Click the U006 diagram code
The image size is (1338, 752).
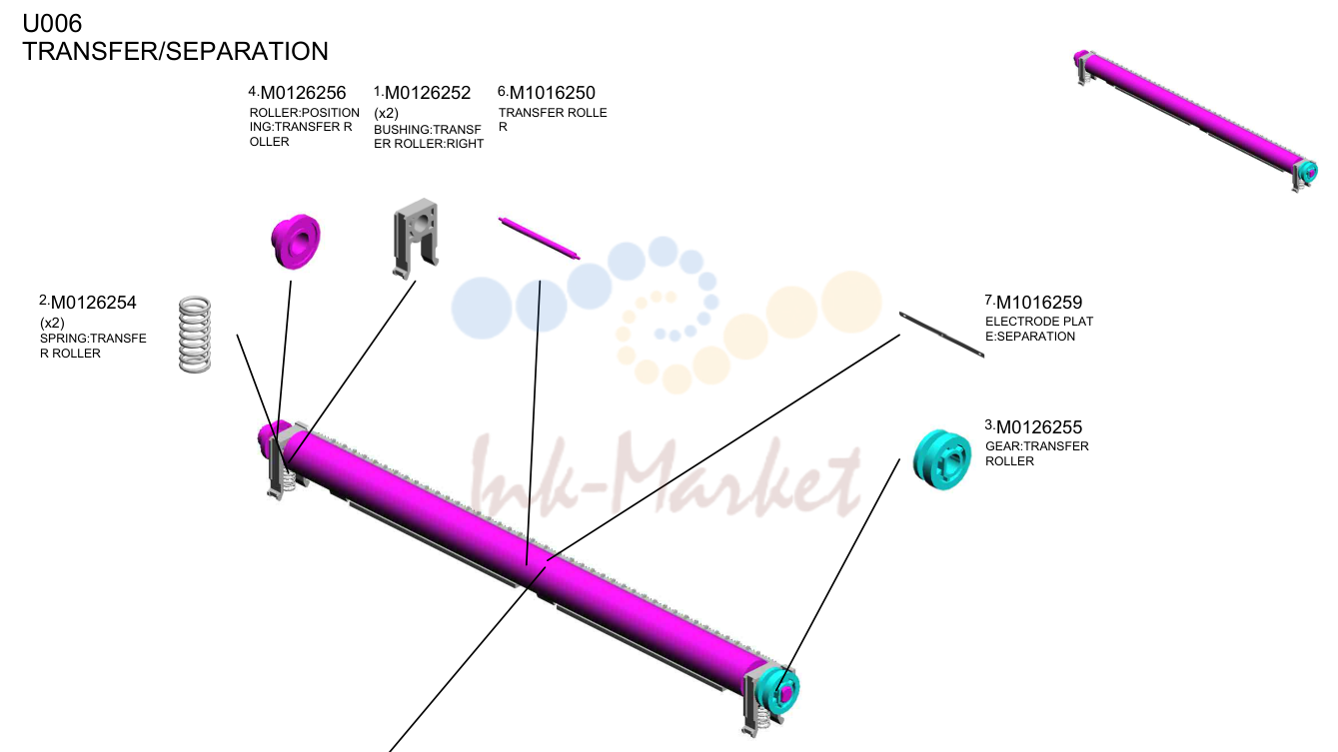pyautogui.click(x=52, y=24)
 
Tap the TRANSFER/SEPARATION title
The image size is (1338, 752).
pyautogui.click(x=175, y=51)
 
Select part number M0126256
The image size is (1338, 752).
pyautogui.click(x=304, y=93)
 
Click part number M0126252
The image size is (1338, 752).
pyautogui.click(x=428, y=93)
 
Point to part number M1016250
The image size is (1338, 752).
pyautogui.click(x=553, y=93)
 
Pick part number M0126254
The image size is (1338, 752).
pyautogui.click(x=94, y=303)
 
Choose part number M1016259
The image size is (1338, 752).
pyautogui.click(x=1039, y=303)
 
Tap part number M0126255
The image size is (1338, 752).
pyautogui.click(x=1039, y=427)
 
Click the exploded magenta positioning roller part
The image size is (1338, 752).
pyautogui.click(x=296, y=241)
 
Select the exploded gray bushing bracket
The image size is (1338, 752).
pyautogui.click(x=416, y=238)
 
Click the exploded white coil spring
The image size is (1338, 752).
pyautogui.click(x=195, y=335)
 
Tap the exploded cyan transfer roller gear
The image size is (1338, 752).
pyautogui.click(x=942, y=459)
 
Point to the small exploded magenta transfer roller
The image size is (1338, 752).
pyautogui.click(x=539, y=238)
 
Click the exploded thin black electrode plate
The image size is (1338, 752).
pyautogui.click(x=941, y=335)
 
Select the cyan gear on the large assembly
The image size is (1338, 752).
pyautogui.click(x=777, y=691)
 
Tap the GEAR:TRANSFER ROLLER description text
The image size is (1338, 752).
pyautogui.click(x=1037, y=453)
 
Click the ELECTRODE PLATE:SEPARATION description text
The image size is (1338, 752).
pyautogui.click(x=1039, y=329)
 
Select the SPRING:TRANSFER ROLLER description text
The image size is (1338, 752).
pyautogui.click(x=93, y=346)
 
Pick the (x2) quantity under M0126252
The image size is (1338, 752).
pyautogui.click(x=386, y=113)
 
